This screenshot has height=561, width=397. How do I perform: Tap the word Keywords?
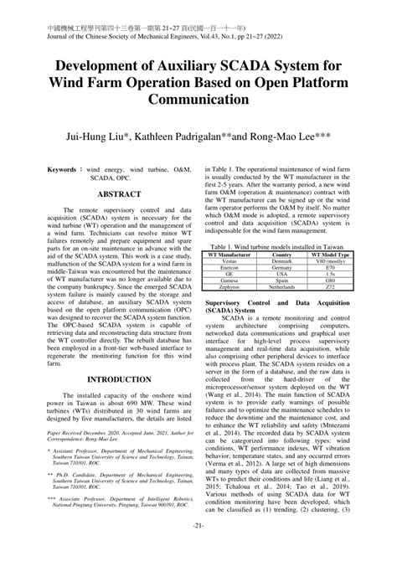68,169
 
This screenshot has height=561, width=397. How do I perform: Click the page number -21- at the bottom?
198,548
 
